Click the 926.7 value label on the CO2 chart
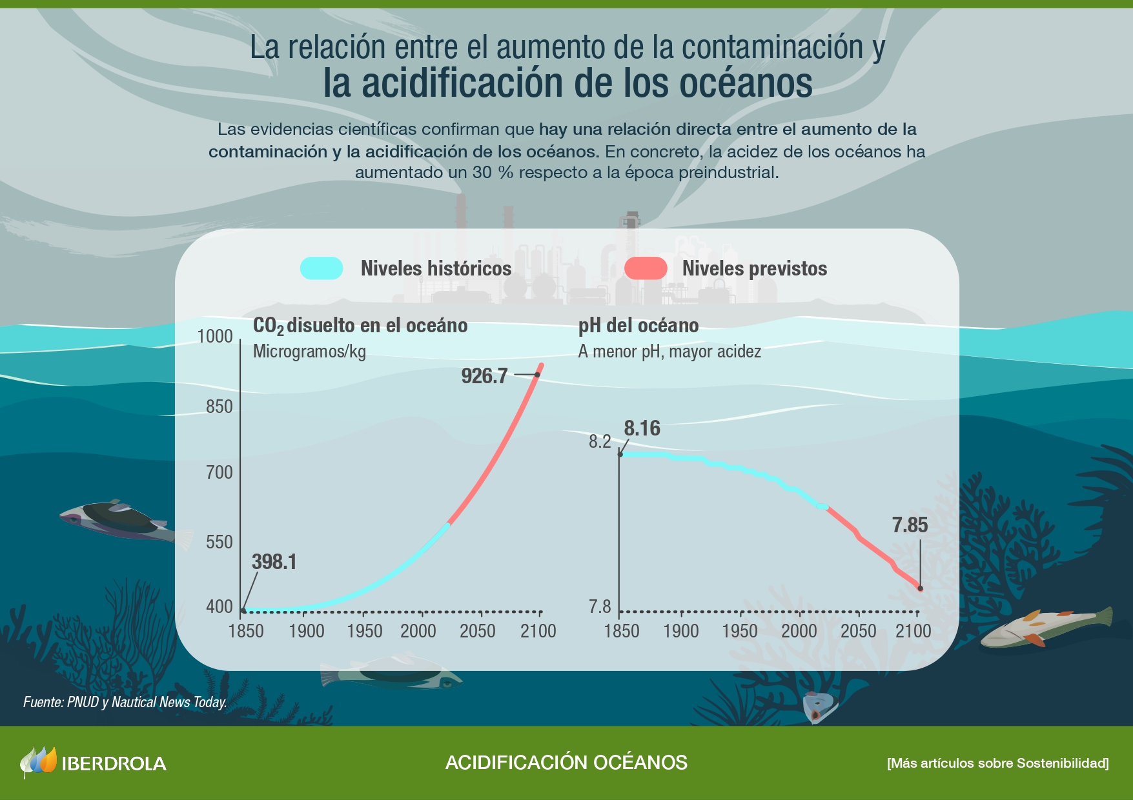(x=484, y=375)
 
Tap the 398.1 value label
(x=274, y=562)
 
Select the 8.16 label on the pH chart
(x=642, y=428)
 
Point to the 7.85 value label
(x=910, y=525)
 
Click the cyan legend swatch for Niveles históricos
(x=322, y=268)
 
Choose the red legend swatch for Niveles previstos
(x=646, y=268)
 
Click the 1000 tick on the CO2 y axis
(x=215, y=336)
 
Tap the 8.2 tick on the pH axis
(x=599, y=441)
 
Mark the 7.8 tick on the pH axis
(x=599, y=606)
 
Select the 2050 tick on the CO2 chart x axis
(x=478, y=631)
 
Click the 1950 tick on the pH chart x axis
(x=740, y=631)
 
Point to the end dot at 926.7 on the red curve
(x=537, y=375)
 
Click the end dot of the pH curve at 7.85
(x=920, y=588)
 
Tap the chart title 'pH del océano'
(x=638, y=325)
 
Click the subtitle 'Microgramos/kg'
(x=309, y=352)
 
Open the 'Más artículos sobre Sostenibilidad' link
(x=997, y=763)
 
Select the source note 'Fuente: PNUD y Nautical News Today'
(x=125, y=702)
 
